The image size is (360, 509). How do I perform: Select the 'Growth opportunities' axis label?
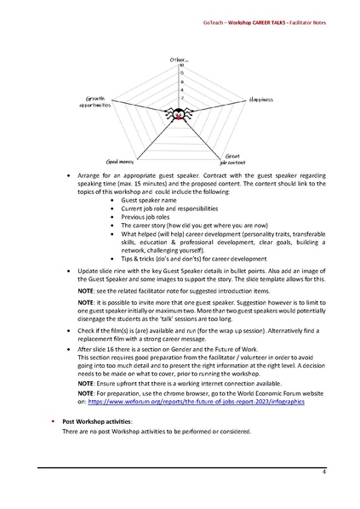tap(95, 101)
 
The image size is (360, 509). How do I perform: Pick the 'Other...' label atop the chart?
tap(179, 58)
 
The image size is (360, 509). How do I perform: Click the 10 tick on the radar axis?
tap(181, 65)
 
